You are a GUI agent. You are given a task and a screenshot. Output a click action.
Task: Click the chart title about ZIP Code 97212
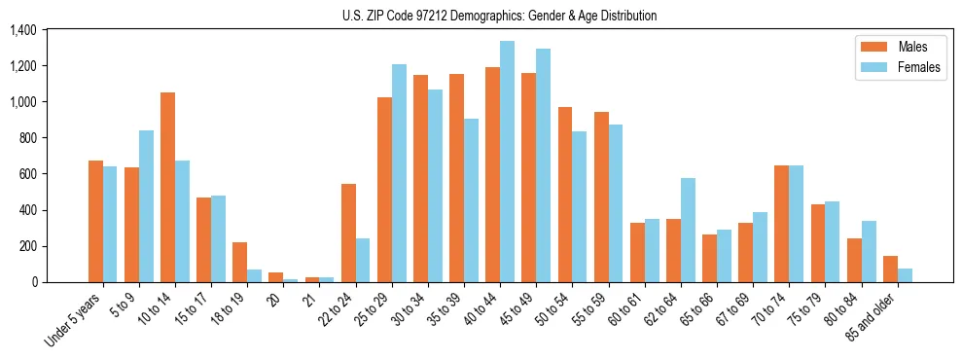pos(499,16)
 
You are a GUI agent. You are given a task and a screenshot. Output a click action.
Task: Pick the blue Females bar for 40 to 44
pos(507,162)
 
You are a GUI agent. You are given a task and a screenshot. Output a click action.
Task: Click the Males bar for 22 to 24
pos(348,233)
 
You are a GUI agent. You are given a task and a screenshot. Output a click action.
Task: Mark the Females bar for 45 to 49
pos(543,165)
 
